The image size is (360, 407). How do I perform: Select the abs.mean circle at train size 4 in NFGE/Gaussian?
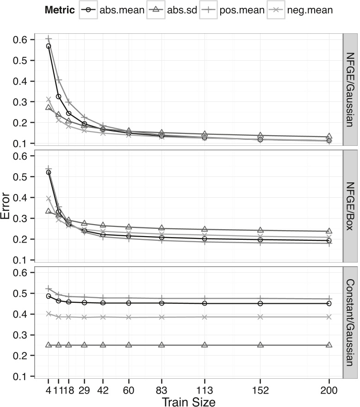click(x=49, y=46)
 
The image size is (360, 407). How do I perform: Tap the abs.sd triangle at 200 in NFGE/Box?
click(x=329, y=231)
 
